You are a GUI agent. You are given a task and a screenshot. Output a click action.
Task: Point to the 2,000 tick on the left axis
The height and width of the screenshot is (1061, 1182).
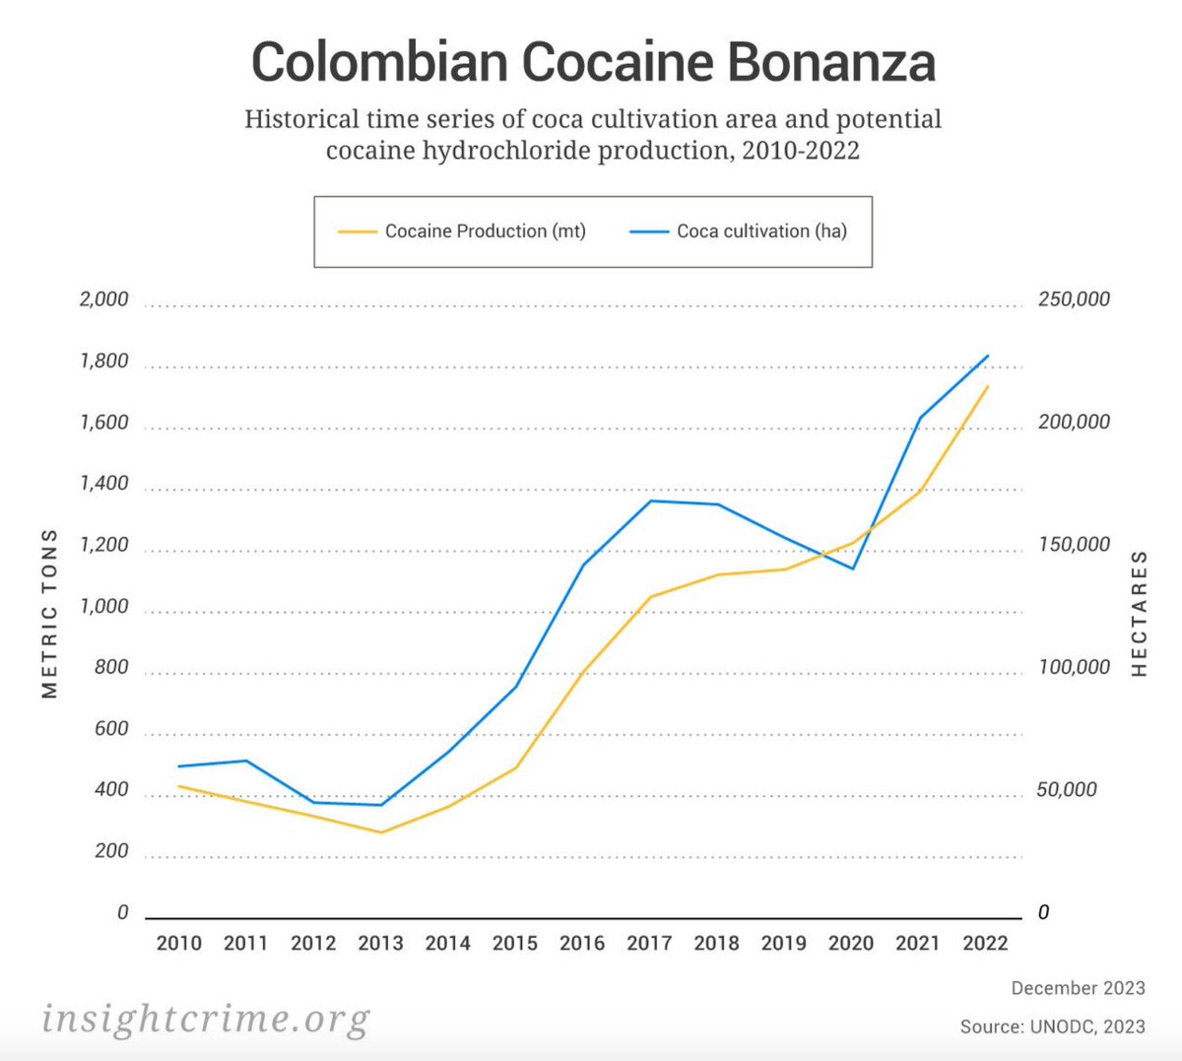point(103,299)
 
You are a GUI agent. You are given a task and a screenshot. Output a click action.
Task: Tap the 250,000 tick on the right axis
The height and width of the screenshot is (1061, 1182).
point(1074,299)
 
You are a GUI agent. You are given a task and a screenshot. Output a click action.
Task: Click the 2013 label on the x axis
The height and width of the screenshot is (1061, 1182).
point(380,943)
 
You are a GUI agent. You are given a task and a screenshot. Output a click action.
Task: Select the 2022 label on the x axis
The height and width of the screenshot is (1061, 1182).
point(985,943)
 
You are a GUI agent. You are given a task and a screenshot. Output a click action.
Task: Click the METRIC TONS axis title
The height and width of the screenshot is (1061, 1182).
point(50,613)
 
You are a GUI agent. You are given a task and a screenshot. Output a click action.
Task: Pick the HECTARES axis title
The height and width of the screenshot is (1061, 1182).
point(1140,613)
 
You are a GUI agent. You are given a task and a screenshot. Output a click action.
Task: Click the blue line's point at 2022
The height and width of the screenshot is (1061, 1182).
point(988,356)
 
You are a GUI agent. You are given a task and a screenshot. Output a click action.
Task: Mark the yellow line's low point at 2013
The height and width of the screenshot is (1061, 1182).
point(380,832)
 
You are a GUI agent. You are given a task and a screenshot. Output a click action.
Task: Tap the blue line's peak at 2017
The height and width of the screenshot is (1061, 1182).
point(651,500)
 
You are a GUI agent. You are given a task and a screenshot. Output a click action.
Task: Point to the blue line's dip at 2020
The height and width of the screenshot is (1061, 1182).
point(853,568)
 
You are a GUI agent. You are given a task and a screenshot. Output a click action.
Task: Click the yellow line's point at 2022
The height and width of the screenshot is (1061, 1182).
point(988,386)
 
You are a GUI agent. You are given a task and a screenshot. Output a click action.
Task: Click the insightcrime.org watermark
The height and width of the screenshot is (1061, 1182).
point(206,1018)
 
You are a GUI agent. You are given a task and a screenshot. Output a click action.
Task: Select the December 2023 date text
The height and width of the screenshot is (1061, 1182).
point(1078,988)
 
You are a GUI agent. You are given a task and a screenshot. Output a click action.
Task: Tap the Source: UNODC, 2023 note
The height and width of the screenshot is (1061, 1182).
point(1052,1027)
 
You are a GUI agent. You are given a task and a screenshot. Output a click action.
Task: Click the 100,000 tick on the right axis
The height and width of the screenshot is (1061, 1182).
point(1074,668)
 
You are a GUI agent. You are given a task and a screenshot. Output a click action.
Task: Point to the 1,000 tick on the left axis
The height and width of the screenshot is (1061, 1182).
point(103,607)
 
